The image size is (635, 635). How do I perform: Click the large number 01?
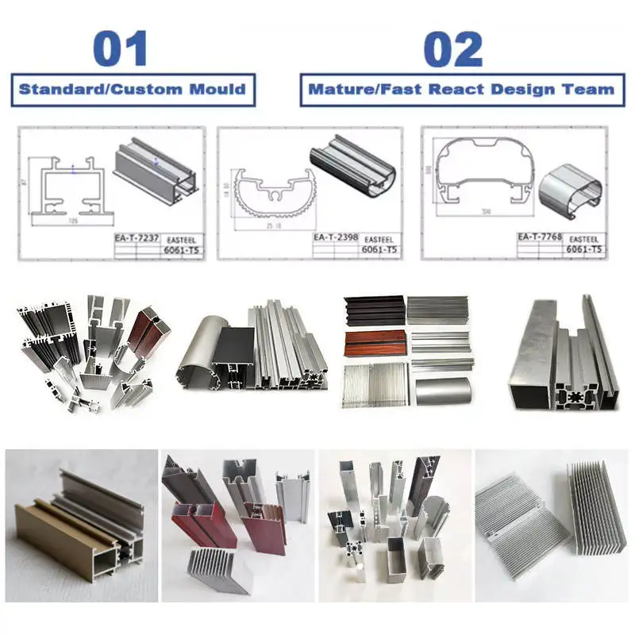120,48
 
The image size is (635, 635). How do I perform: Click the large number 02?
452,48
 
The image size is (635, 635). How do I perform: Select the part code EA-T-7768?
539,237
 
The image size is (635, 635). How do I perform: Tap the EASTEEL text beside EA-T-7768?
583,237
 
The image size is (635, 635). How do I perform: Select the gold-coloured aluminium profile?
75,528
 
